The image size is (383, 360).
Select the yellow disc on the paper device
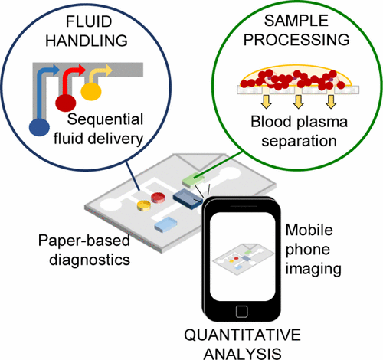click(143, 205)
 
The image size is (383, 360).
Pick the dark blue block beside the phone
click(187, 198)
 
